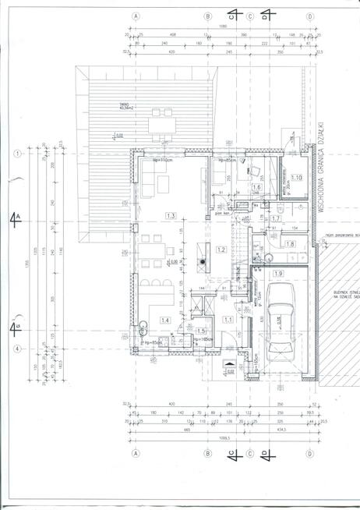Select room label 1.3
171,215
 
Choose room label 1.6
256,187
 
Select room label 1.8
290,245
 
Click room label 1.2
221,250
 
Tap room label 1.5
201,331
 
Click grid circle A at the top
135,16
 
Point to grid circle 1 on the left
16,154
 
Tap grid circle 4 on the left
16,349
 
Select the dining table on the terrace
164,122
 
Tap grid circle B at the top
207,16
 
